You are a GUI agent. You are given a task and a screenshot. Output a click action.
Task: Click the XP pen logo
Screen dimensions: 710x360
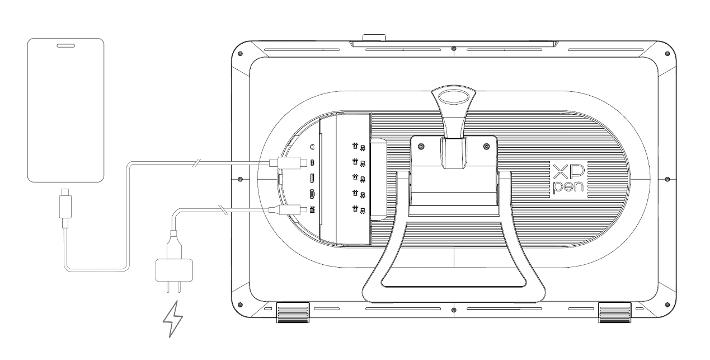568,179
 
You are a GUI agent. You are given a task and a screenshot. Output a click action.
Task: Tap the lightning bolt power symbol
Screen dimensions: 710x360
172,319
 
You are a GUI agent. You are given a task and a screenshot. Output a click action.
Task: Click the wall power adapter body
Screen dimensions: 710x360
174,270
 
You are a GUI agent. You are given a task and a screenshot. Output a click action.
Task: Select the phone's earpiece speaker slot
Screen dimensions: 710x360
65,46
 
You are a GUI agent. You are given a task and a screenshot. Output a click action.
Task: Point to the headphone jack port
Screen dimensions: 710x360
313,147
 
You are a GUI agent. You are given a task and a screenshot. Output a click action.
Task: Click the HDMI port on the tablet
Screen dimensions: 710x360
312,194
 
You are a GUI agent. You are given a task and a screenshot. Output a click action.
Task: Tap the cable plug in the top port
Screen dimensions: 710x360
288,163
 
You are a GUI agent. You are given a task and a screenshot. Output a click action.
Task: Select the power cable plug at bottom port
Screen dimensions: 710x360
288,209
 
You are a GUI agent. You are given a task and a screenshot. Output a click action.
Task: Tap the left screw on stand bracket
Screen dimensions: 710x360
421,146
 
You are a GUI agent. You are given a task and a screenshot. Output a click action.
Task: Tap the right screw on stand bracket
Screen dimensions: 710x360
486,146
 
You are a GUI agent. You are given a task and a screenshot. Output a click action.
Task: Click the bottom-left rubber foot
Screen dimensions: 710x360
293,312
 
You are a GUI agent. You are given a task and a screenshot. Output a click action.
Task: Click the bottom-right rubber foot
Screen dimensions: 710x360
614,312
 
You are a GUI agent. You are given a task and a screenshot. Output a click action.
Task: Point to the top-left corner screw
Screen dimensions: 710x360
240,54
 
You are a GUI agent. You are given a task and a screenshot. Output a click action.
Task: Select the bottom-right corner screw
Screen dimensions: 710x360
667,305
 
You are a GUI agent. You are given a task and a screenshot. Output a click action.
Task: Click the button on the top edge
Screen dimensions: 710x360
374,38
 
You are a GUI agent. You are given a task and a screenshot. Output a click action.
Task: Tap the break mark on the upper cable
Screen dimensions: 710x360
197,163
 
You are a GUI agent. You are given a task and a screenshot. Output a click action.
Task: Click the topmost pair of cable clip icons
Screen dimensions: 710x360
359,147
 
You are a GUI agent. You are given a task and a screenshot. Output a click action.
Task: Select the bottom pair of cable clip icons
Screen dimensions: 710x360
359,209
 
